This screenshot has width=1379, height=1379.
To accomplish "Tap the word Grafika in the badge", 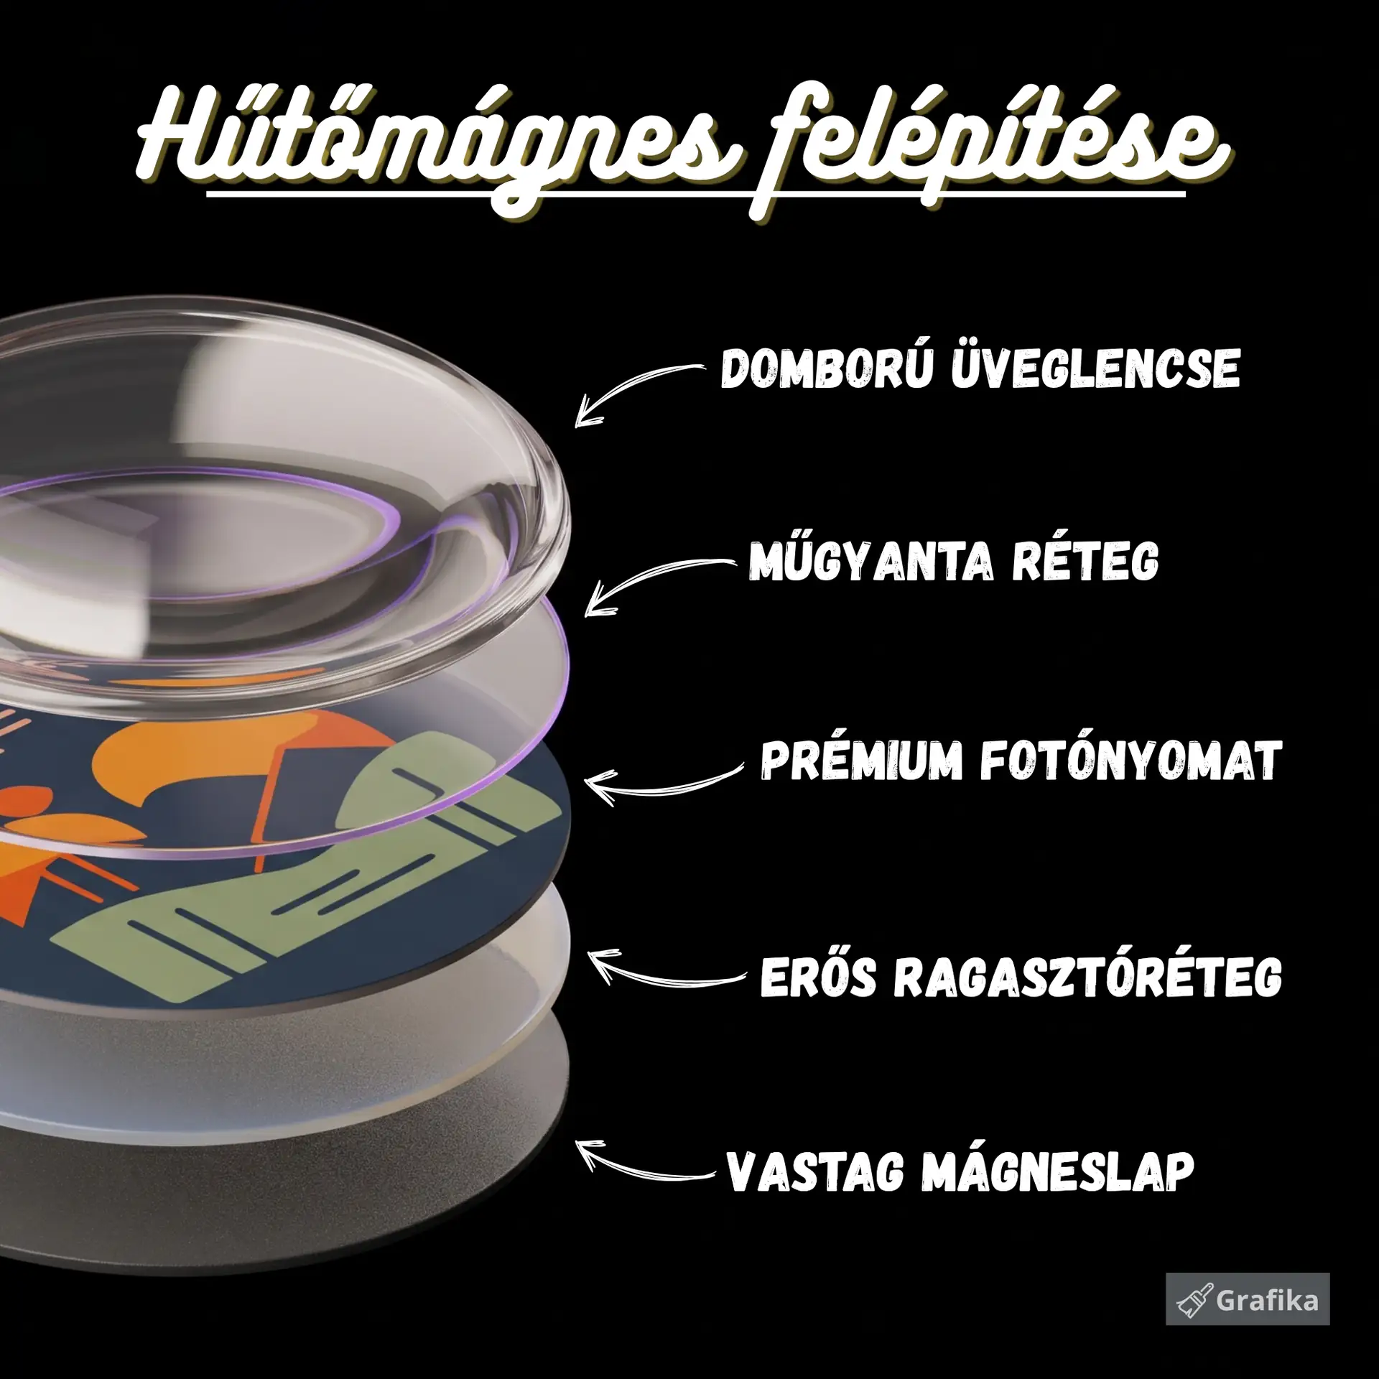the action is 1267,1301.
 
